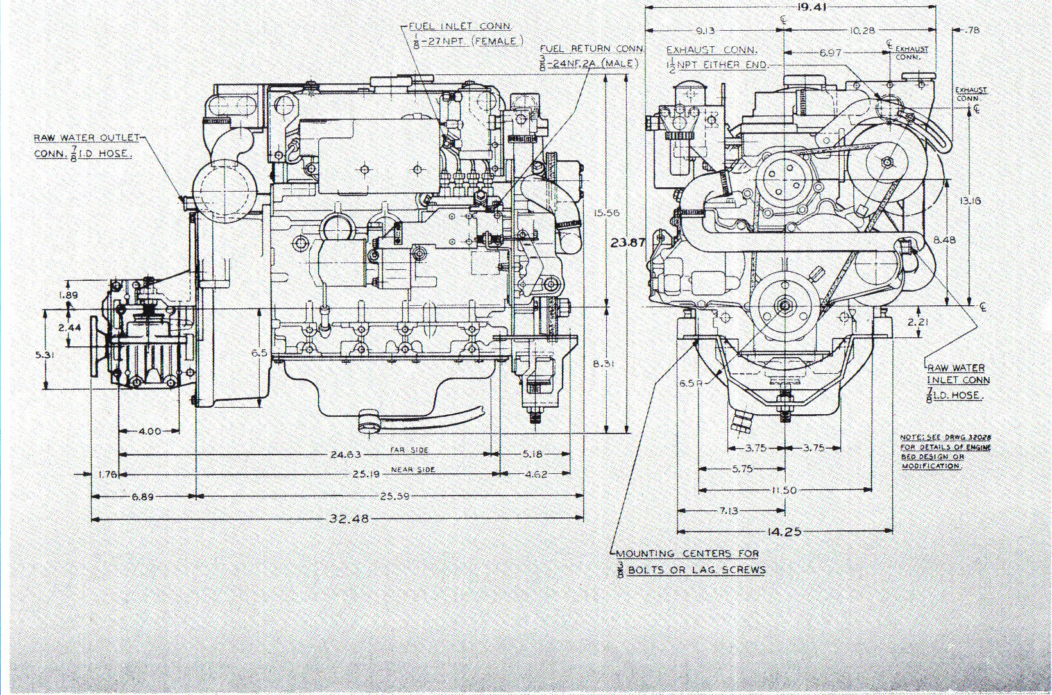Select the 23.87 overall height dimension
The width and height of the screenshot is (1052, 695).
627,242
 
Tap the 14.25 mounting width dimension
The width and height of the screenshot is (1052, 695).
783,532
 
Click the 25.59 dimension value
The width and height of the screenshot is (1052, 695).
394,496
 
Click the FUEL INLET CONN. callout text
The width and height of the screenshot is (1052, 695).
460,26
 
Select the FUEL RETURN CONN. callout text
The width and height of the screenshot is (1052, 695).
591,49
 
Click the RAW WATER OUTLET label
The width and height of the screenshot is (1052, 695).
87,137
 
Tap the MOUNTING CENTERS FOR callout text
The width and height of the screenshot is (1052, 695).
687,553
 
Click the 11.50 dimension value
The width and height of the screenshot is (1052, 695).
783,490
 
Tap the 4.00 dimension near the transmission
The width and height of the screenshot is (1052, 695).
149,431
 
